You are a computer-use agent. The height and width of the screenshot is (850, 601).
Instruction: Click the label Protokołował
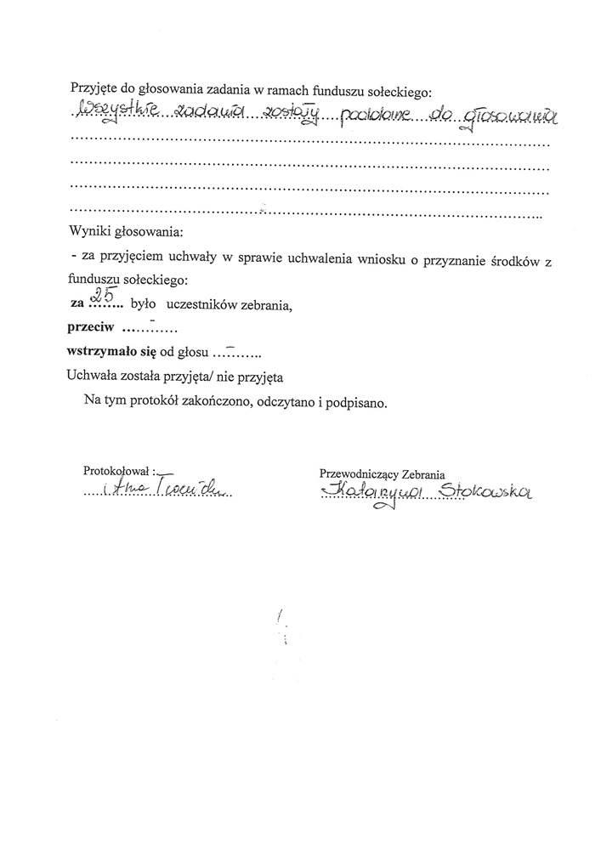click(117, 470)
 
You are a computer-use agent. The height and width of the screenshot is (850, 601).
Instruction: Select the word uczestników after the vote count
click(201, 303)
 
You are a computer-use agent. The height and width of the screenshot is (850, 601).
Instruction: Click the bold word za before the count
click(76, 303)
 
